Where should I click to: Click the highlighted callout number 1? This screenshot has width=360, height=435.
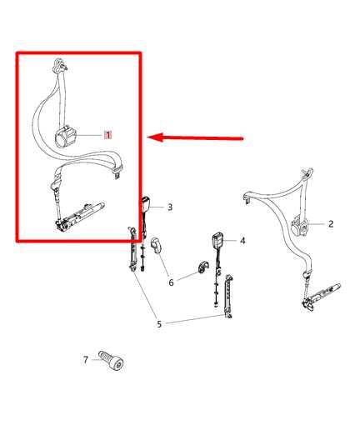coord(107,134)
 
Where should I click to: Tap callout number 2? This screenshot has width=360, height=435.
coord(331,223)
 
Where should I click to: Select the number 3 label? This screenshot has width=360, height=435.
coord(169,207)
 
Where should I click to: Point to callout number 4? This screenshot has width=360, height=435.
coord(242,241)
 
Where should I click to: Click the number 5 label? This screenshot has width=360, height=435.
coord(159,324)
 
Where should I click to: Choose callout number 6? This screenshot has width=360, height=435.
coord(171,282)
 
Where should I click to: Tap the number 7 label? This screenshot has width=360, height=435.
coord(85,360)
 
